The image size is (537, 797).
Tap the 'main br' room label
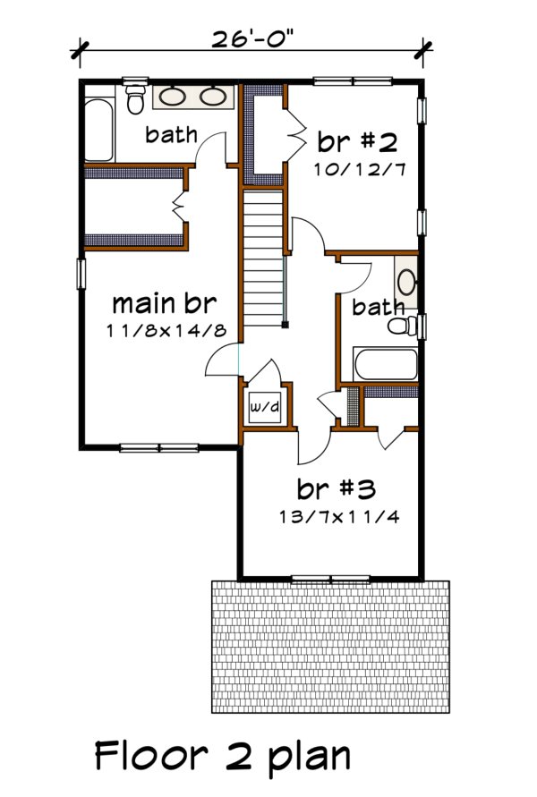[162, 301]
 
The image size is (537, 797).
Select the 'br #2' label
[356, 142]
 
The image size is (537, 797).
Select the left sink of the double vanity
[173, 96]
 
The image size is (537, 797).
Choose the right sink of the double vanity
[211, 96]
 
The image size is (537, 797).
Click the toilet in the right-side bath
[405, 326]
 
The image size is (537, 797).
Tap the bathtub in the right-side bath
[385, 365]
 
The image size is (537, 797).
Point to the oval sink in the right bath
[406, 282]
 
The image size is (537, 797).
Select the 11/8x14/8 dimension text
[162, 331]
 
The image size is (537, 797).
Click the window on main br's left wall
[81, 274]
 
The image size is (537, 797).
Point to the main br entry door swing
[220, 363]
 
